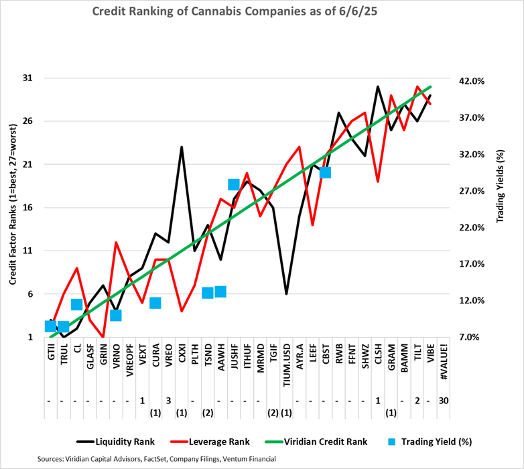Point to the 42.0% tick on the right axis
tap(470, 81)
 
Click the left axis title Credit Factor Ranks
tap(13, 208)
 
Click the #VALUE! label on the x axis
tap(443, 362)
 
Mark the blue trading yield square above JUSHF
tap(234, 185)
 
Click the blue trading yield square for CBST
tap(325, 172)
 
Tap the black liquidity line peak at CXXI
tap(182, 147)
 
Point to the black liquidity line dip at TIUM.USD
tap(286, 294)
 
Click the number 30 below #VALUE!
tap(443, 401)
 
